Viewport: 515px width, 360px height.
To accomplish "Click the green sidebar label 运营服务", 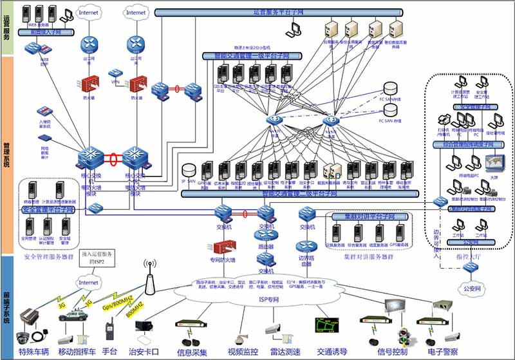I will pyautogui.click(x=6, y=28).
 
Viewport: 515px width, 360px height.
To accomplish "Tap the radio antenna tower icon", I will pyautogui.click(x=150, y=274).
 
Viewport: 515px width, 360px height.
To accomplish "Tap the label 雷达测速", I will pyautogui.click(x=283, y=352).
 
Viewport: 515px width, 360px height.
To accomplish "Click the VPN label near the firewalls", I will pyautogui.click(x=115, y=82).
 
